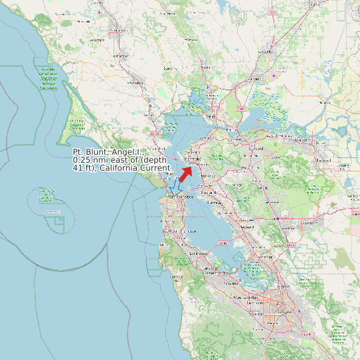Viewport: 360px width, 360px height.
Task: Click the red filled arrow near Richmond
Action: point(187,173)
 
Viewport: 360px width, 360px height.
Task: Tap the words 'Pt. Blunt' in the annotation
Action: point(91,153)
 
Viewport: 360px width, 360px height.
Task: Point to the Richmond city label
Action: point(192,160)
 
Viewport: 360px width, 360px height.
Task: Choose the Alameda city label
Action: point(213,201)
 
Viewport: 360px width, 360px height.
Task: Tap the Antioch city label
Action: point(302,140)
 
